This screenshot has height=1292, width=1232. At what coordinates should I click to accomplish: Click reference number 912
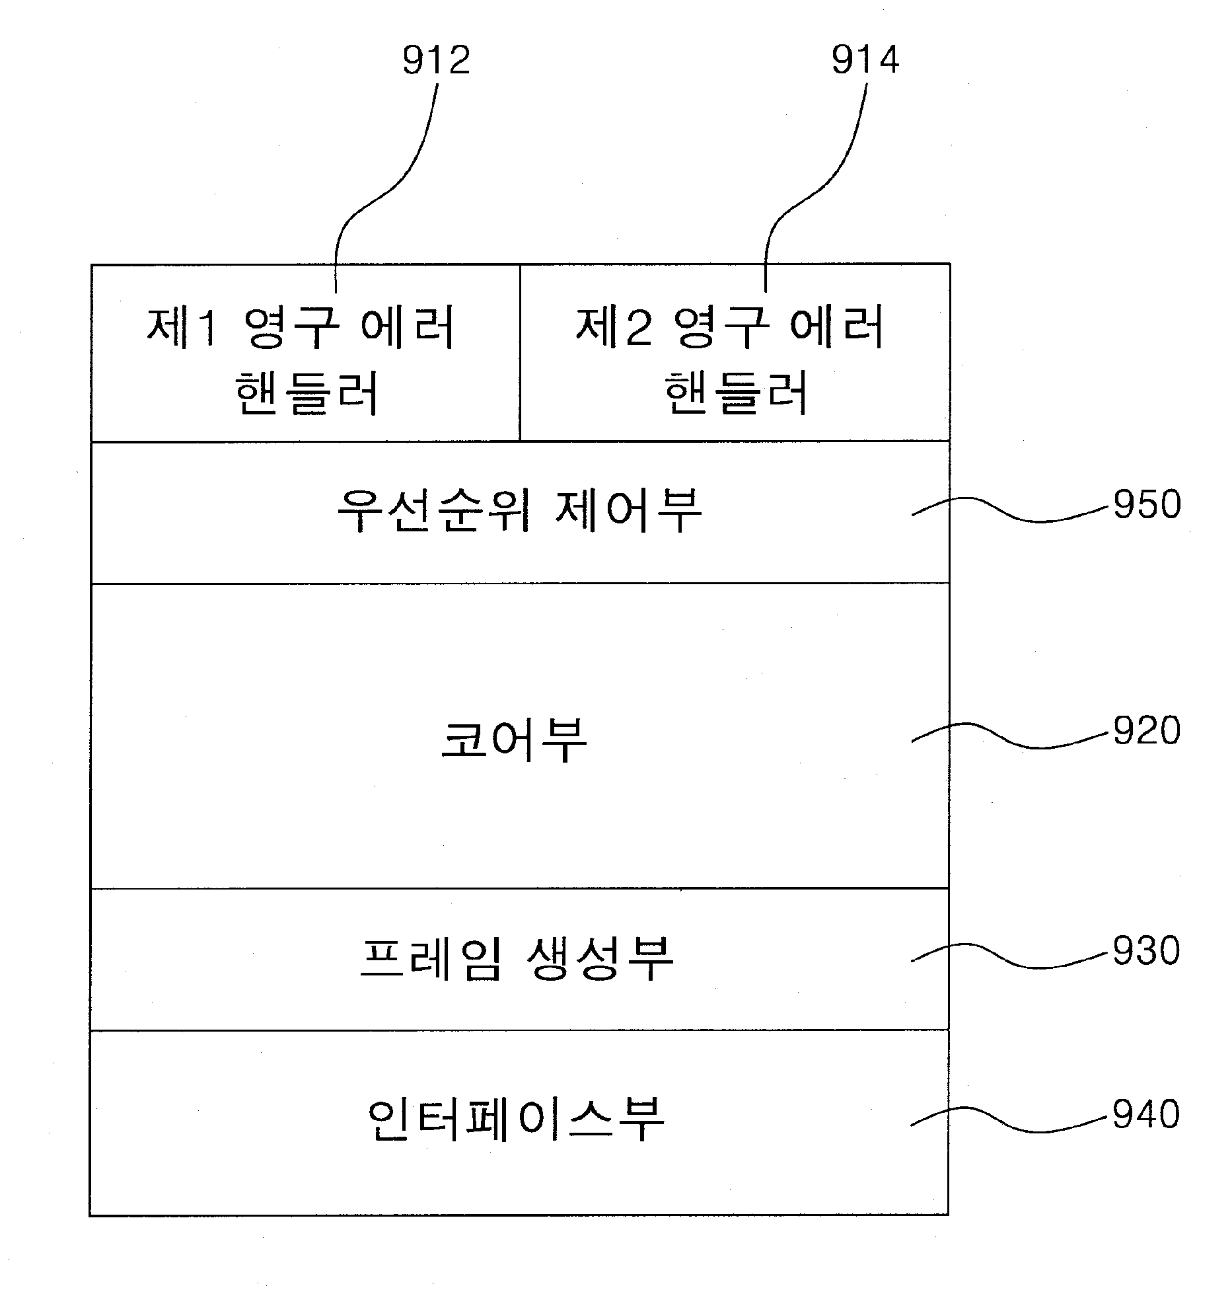[x=437, y=60]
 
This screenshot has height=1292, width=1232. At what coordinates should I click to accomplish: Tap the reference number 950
[x=1147, y=504]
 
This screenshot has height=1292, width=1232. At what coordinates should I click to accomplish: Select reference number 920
[x=1147, y=731]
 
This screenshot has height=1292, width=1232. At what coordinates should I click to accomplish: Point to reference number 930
[x=1147, y=951]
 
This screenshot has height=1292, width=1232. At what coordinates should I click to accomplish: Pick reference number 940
[x=1146, y=1114]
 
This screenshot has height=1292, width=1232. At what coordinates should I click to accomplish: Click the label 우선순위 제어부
[x=519, y=510]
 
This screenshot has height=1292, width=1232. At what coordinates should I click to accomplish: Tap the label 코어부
[x=514, y=740]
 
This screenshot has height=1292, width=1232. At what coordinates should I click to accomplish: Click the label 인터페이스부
[x=516, y=1118]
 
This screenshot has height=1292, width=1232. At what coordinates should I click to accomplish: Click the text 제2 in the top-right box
[x=614, y=326]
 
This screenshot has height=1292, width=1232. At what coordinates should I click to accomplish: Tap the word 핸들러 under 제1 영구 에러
[x=307, y=393]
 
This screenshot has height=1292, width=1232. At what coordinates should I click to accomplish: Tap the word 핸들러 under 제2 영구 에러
[x=736, y=393]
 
